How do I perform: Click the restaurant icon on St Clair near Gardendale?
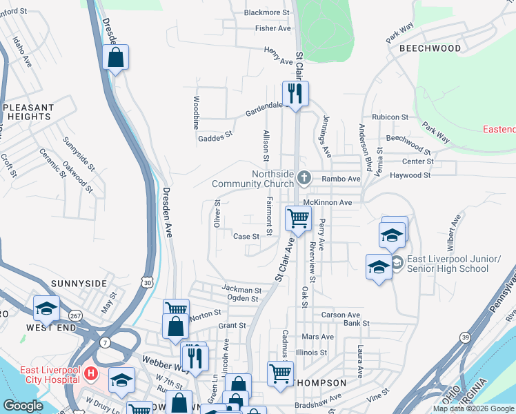tap(295, 93)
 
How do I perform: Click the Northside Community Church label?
tap(253, 179)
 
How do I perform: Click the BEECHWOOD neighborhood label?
tap(429, 48)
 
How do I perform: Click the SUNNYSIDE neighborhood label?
tap(79, 284)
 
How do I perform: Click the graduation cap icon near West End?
tap(46, 308)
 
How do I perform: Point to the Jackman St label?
tap(241, 288)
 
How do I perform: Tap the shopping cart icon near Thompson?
tap(279, 373)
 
